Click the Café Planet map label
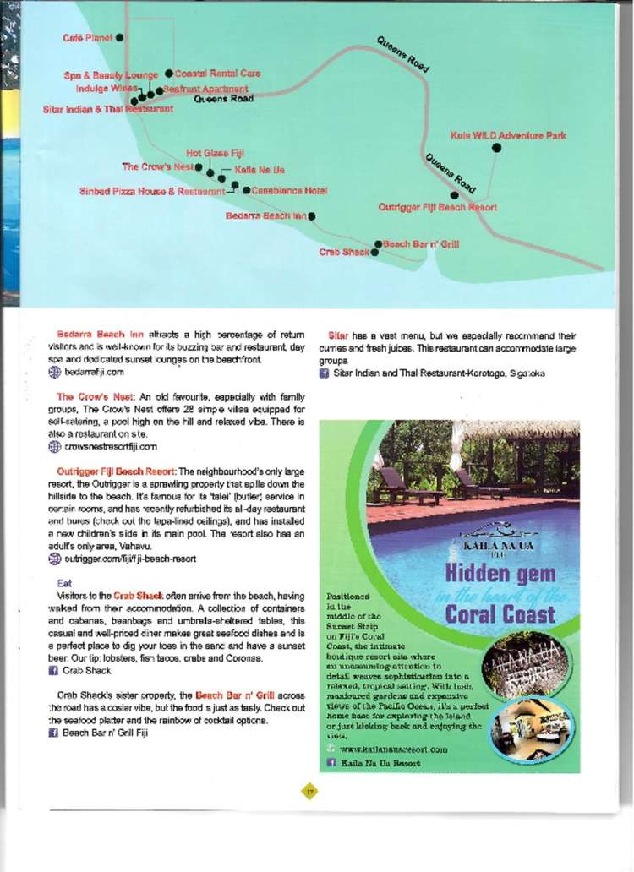click(88, 38)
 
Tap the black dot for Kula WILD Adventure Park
click(496, 147)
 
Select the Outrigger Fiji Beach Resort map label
click(437, 207)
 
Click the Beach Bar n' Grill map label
click(421, 244)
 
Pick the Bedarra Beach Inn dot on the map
click(312, 216)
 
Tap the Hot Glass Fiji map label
click(215, 153)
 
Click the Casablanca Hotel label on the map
click(289, 190)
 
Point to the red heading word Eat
click(64, 583)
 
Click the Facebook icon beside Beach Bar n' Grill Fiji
click(52, 733)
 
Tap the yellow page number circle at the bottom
click(309, 790)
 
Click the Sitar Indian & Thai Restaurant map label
click(108, 109)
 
